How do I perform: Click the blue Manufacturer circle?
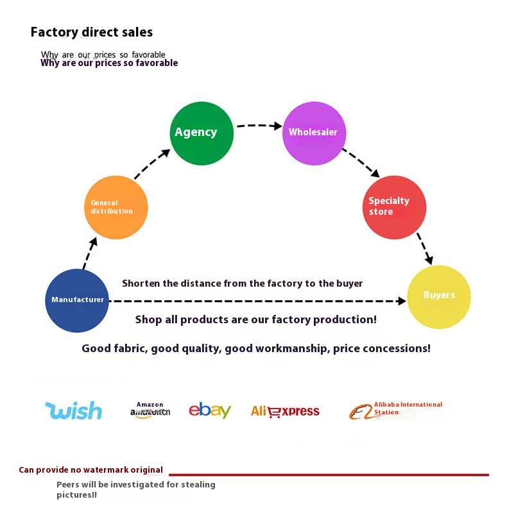point(77,300)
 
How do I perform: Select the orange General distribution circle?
point(116,207)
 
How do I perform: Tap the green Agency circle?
point(201,133)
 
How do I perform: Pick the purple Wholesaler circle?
point(314,133)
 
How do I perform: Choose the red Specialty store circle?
point(394,207)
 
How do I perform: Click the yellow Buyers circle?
point(439,296)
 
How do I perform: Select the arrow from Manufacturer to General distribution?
point(89,253)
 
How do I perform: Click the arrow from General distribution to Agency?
point(152,164)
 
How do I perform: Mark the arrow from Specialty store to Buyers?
point(425,249)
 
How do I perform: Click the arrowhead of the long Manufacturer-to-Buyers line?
point(401,300)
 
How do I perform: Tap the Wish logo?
point(74,410)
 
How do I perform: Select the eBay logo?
point(210,410)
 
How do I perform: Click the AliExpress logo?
point(285,411)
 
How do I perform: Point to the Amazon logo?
point(150,410)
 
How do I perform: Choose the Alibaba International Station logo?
point(395,409)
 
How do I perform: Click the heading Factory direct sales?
point(92,32)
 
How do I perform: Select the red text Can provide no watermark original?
point(90,470)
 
